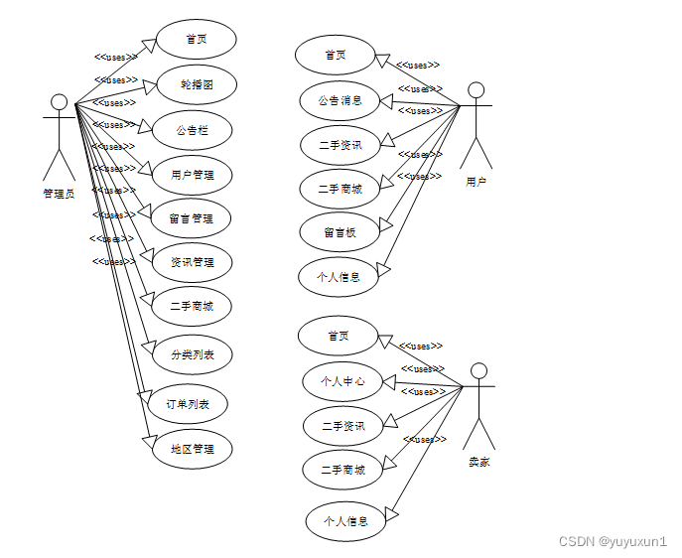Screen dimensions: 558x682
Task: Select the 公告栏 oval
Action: tap(192, 130)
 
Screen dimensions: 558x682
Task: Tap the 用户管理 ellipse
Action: tap(192, 176)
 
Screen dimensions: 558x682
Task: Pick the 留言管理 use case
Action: tap(192, 218)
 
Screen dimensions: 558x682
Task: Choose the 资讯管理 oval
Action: tap(192, 262)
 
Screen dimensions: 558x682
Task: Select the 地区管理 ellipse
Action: tap(192, 449)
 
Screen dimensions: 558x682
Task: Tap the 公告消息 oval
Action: tap(340, 99)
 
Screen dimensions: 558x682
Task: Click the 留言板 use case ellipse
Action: tap(340, 232)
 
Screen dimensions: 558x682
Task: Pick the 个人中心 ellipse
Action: tap(342, 380)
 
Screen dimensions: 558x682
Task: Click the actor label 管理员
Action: tap(59, 194)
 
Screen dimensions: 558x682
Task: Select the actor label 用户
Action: tap(476, 182)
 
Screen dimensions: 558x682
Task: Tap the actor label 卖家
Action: tap(479, 462)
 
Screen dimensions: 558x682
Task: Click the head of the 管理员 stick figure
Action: tap(60, 102)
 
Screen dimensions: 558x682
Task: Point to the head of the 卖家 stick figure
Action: tap(478, 371)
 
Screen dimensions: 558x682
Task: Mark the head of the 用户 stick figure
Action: tap(477, 90)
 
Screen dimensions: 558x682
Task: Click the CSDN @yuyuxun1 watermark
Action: tap(613, 542)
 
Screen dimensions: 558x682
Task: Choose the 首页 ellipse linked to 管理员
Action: tap(196, 40)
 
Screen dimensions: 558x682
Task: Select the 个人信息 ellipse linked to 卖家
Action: tap(344, 521)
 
